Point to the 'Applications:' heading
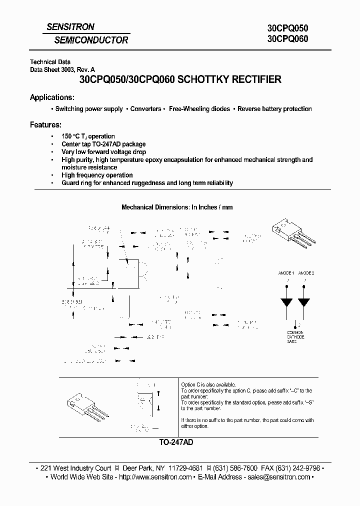tap(52, 97)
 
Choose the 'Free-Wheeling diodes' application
tap(199, 109)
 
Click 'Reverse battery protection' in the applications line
tap(274, 109)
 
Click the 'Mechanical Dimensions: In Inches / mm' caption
tap(177, 207)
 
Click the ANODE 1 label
tap(286, 273)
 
